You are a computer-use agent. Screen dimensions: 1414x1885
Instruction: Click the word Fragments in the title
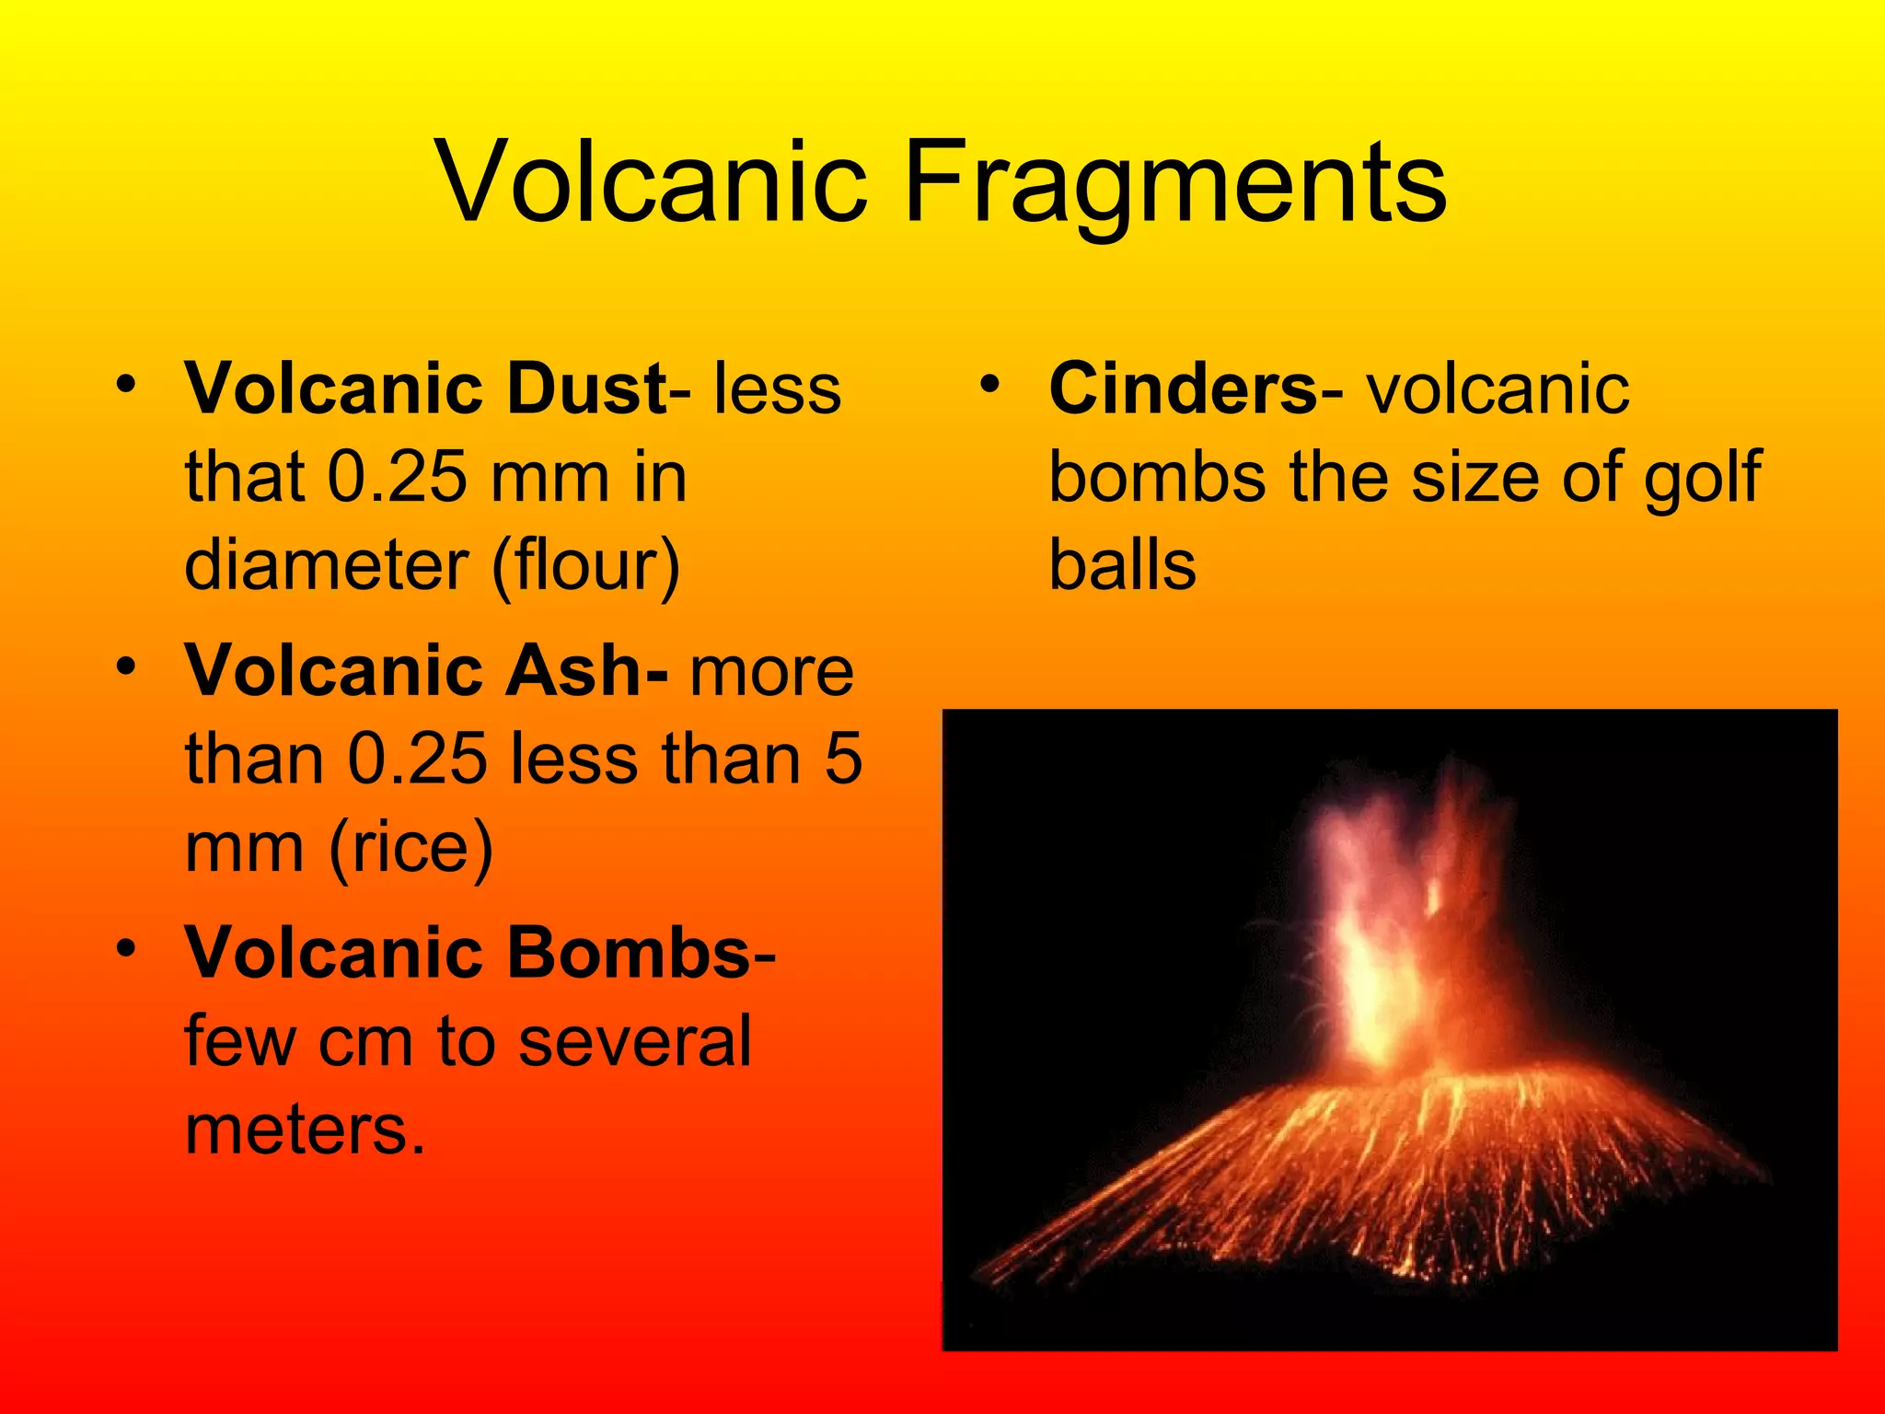point(1175,181)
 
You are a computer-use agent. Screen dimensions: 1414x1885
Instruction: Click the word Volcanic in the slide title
point(653,181)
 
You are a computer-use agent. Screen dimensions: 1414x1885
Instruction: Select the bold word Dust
point(586,388)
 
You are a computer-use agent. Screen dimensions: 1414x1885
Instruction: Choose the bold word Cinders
point(1184,388)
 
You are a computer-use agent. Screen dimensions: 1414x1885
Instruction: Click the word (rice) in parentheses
point(411,847)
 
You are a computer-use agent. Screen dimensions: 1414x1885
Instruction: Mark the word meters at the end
point(304,1129)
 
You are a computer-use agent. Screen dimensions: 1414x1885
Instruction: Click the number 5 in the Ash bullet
point(842,759)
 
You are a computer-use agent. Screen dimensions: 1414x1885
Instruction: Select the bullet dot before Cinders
point(989,384)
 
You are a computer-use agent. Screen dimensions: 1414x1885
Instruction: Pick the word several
point(635,1040)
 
